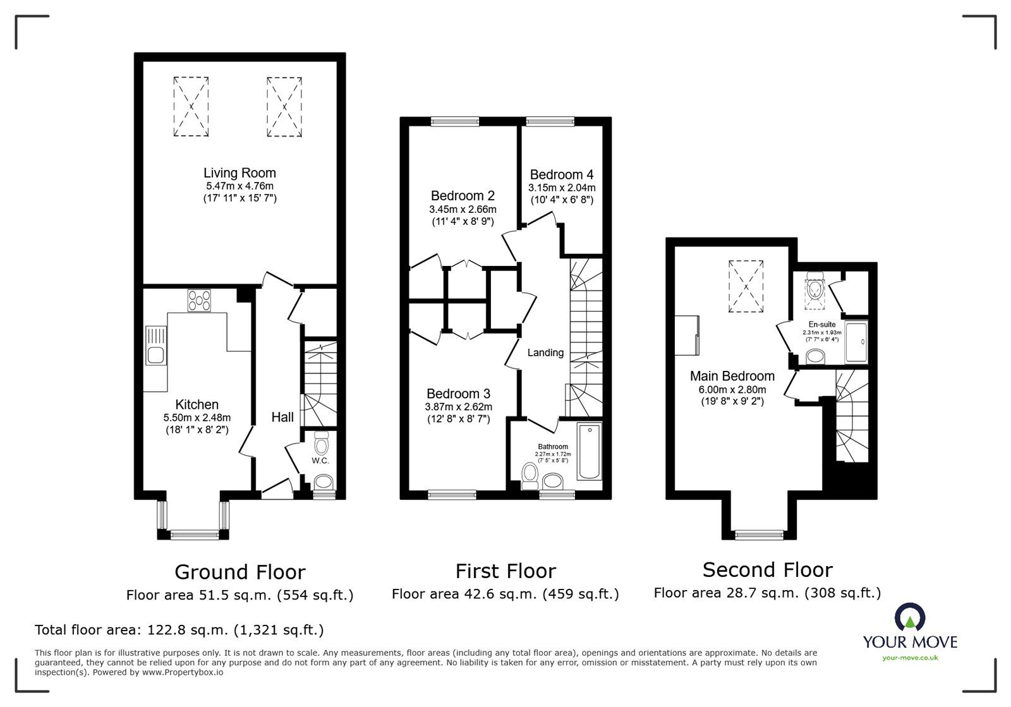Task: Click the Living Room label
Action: point(239,172)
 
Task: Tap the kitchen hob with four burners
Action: point(200,300)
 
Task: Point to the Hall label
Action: point(282,417)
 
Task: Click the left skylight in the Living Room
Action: point(191,106)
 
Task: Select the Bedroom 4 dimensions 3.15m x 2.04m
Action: point(562,188)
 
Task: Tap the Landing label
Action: point(545,353)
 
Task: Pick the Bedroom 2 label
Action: point(463,196)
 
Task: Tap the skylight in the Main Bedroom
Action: point(746,286)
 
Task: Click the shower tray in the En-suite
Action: point(857,342)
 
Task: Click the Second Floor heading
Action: point(767,570)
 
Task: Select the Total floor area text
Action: point(179,630)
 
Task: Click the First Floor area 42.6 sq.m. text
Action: point(505,594)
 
